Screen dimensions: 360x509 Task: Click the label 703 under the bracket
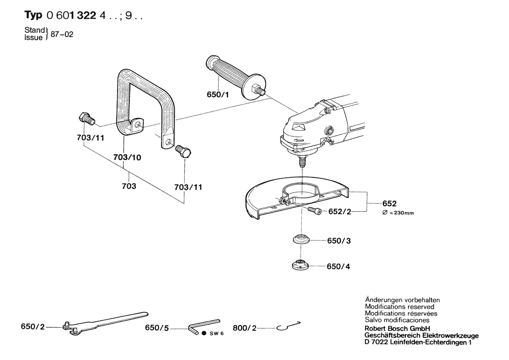[x=129, y=186]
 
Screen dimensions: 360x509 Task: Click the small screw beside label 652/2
[x=314, y=211]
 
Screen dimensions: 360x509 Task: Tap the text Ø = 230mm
[x=398, y=213]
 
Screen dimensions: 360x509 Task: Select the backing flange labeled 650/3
[x=300, y=241]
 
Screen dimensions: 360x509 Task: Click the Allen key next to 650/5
[x=202, y=324]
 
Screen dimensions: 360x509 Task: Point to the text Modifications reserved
[x=399, y=307]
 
